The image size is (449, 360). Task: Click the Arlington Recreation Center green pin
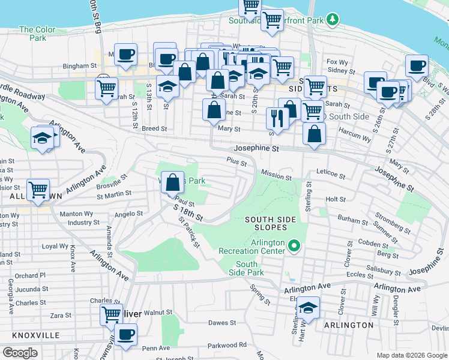coord(294,245)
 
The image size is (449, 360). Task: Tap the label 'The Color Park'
coord(37,34)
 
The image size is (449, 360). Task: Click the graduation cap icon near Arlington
coord(308,308)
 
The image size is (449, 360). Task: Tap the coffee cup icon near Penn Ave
coord(125,335)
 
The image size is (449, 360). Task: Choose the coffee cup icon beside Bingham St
coord(125,55)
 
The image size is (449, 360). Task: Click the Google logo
coord(20,352)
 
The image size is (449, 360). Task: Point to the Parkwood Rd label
coord(227,345)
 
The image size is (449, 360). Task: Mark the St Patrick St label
coord(188,231)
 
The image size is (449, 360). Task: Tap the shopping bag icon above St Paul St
coord(172,182)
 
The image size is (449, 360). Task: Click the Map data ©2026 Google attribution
coord(411,355)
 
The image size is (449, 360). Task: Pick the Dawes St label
coord(221,323)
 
